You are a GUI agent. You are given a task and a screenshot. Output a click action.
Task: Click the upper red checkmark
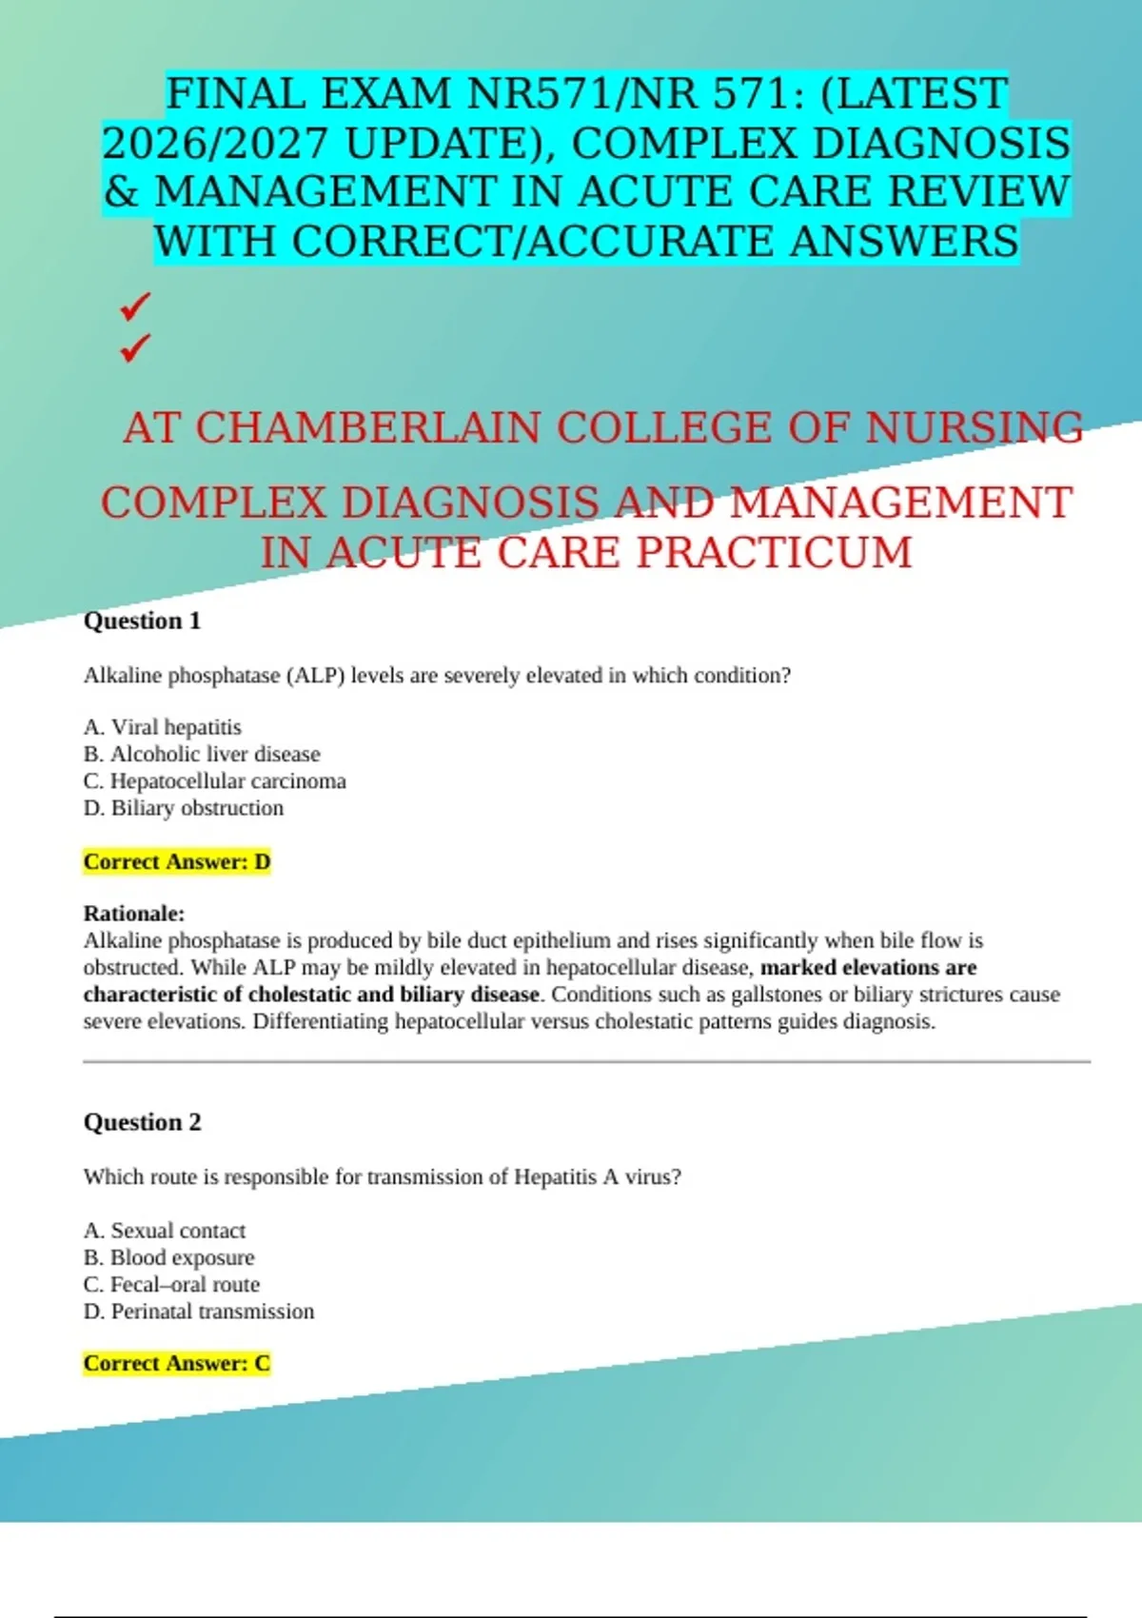[x=135, y=306]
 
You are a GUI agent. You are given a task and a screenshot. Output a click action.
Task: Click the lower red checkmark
[x=135, y=348]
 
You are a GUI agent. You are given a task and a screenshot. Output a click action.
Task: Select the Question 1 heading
[x=142, y=621]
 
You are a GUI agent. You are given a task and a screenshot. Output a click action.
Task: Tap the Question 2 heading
[x=142, y=1122]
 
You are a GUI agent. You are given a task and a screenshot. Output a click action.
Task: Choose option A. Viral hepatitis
[x=162, y=727]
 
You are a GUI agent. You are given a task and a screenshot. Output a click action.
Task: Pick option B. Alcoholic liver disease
[x=202, y=754]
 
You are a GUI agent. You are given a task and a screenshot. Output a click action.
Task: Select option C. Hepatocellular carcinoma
[x=214, y=781]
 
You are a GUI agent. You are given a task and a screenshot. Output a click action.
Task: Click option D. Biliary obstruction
[x=183, y=808]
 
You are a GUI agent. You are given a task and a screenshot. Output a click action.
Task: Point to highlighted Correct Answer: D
[x=177, y=862]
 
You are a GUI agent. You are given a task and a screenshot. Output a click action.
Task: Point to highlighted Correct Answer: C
[x=177, y=1364]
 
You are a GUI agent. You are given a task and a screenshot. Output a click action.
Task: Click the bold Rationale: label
[x=134, y=914]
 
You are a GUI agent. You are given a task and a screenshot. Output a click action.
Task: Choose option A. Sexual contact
[x=164, y=1231]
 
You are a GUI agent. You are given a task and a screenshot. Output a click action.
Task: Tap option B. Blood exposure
[x=168, y=1257]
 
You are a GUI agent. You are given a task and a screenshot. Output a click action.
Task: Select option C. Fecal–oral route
[x=171, y=1285]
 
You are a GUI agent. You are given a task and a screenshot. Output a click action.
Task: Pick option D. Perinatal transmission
[x=198, y=1312]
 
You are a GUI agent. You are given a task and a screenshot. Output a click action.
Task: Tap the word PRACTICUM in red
[x=774, y=553]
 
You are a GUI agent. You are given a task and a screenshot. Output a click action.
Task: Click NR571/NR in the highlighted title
[x=583, y=94]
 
